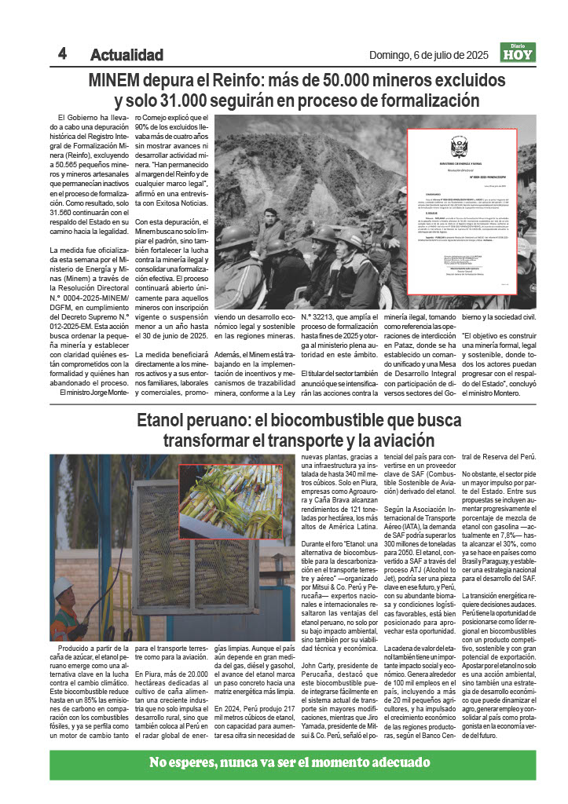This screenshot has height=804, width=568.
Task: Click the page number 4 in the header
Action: [61, 53]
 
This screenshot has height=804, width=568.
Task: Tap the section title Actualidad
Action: [126, 55]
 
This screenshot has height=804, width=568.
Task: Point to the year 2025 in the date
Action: [472, 55]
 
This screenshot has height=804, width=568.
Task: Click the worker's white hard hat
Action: [66, 587]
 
